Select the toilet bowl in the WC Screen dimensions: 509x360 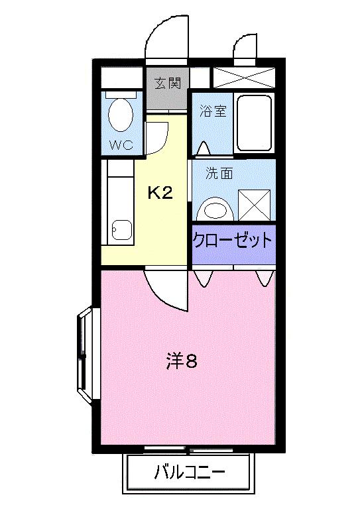(x=120, y=115)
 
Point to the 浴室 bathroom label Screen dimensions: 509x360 (x=213, y=111)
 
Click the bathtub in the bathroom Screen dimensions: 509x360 (x=254, y=123)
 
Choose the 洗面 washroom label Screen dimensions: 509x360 (x=219, y=174)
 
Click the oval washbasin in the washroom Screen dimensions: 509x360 (x=215, y=209)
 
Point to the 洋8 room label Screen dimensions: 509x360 (x=182, y=362)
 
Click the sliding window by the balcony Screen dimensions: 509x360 (x=188, y=450)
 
